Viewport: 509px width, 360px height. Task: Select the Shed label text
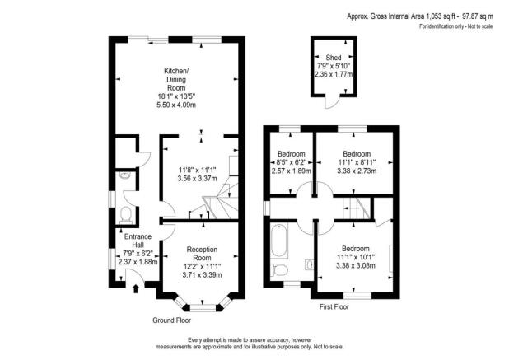334,58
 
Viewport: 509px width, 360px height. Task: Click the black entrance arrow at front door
136,288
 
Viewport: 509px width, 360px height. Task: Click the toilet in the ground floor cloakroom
125,214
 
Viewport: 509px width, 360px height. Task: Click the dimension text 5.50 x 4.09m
176,105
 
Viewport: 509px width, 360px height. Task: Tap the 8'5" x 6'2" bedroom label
292,163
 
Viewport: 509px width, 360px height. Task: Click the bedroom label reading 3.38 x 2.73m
357,172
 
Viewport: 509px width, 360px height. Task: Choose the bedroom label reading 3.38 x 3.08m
357,267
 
